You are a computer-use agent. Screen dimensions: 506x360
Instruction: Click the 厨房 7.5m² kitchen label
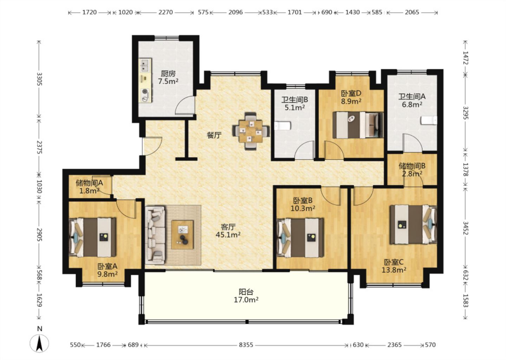[x=168, y=77]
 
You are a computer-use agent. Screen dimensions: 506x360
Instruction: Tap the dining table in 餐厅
[x=251, y=131]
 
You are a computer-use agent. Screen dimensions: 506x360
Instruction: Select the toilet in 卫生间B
[x=282, y=126]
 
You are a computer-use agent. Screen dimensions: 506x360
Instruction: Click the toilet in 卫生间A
[x=429, y=120]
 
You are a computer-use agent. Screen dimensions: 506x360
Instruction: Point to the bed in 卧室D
[x=358, y=125]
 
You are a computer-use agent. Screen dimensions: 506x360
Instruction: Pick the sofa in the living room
[x=155, y=235]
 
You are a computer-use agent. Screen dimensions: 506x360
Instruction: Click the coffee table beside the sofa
[x=182, y=235]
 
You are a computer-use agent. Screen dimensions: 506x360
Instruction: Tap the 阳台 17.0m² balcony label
[x=246, y=296]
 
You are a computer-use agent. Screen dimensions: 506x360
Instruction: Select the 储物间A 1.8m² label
[x=90, y=187]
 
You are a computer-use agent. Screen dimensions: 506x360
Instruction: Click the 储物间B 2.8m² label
[x=412, y=170]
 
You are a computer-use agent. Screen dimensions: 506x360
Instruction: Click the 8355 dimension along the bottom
[x=246, y=345]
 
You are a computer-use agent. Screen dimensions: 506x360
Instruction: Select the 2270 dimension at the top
[x=166, y=12]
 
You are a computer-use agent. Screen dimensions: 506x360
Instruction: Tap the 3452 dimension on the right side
[x=465, y=228]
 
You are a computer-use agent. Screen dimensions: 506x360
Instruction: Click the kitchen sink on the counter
[x=145, y=65]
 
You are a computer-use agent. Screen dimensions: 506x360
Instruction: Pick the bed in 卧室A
[x=93, y=237]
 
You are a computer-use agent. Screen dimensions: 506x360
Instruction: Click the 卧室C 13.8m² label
[x=394, y=266]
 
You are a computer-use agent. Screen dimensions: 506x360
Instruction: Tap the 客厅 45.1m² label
[x=228, y=231]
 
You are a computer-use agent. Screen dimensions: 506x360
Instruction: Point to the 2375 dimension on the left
[x=39, y=147]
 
